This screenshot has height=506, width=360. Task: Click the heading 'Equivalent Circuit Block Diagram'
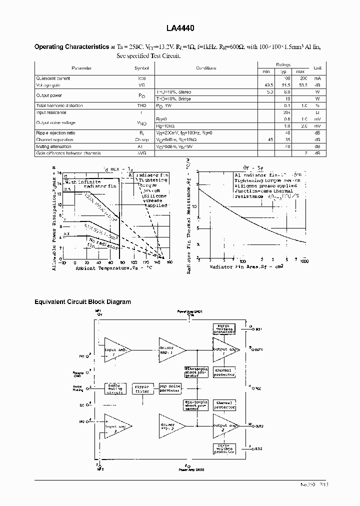tap(82, 302)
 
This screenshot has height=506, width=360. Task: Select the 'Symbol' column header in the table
tap(141, 67)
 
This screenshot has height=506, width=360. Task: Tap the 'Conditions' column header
tap(206, 67)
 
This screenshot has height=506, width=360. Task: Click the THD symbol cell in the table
tap(141, 105)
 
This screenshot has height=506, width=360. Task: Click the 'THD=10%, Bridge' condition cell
tap(174, 98)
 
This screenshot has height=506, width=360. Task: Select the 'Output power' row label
tap(49, 95)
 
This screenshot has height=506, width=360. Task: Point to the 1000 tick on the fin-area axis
tap(304, 261)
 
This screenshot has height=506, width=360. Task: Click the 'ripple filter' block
tap(143, 388)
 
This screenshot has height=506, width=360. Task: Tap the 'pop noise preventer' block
tap(170, 388)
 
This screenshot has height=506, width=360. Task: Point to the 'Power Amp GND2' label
tap(191, 470)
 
